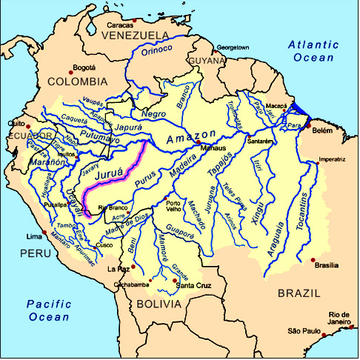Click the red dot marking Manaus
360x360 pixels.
pos(197,146)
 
